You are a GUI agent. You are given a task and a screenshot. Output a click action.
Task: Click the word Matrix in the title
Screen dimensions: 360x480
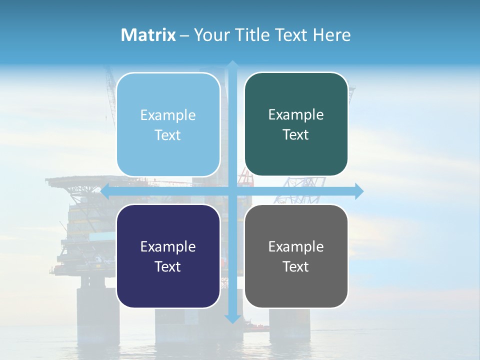(x=148, y=35)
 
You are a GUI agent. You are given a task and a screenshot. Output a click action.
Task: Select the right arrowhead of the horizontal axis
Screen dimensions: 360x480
(x=359, y=191)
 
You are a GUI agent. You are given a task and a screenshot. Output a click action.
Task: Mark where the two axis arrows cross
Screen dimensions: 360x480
(x=232, y=191)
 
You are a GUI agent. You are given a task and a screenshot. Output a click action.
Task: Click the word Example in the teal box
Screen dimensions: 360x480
(x=296, y=114)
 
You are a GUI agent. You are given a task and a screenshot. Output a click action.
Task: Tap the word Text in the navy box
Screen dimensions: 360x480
(x=168, y=266)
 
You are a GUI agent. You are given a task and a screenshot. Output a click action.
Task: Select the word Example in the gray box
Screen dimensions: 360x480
(x=296, y=246)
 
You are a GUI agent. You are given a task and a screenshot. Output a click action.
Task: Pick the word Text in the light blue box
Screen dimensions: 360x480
(x=168, y=135)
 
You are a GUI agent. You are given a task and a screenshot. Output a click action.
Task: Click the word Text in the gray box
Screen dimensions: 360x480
(x=296, y=266)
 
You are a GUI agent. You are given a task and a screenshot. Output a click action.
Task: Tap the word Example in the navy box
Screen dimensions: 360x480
(x=168, y=246)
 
